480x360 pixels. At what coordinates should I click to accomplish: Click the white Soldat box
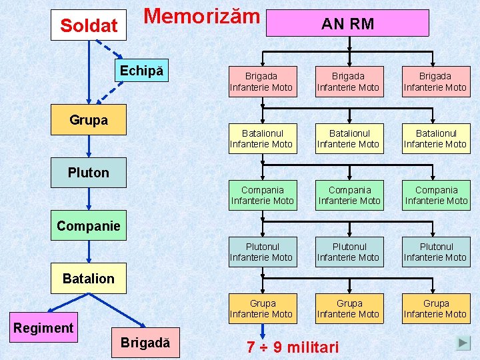pos(89,25)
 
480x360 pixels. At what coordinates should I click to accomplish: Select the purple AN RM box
pos(347,23)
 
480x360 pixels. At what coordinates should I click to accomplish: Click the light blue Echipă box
pos(141,71)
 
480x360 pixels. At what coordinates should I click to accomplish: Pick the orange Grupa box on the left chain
pos(89,121)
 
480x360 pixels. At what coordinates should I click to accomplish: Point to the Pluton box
pos(89,173)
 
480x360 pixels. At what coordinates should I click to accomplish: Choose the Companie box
pos(89,226)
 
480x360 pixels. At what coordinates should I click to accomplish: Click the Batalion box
pos(89,278)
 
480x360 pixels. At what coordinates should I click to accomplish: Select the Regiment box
pos(44,327)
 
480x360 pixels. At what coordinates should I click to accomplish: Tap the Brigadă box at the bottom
pos(145,343)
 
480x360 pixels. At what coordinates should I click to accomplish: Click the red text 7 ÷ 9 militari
pos(293,347)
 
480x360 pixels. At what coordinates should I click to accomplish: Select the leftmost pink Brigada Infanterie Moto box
pos(262,81)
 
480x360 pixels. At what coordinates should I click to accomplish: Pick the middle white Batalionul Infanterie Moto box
pos(349,139)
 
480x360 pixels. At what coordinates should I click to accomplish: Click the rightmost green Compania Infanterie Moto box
pos(436,195)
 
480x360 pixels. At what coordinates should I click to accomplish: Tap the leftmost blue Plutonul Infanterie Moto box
pos(262,252)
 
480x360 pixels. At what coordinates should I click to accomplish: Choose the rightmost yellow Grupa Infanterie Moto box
pos(436,309)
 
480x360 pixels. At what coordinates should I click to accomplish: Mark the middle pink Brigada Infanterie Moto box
pos(349,81)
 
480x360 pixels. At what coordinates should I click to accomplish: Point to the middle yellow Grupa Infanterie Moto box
pos(349,309)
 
